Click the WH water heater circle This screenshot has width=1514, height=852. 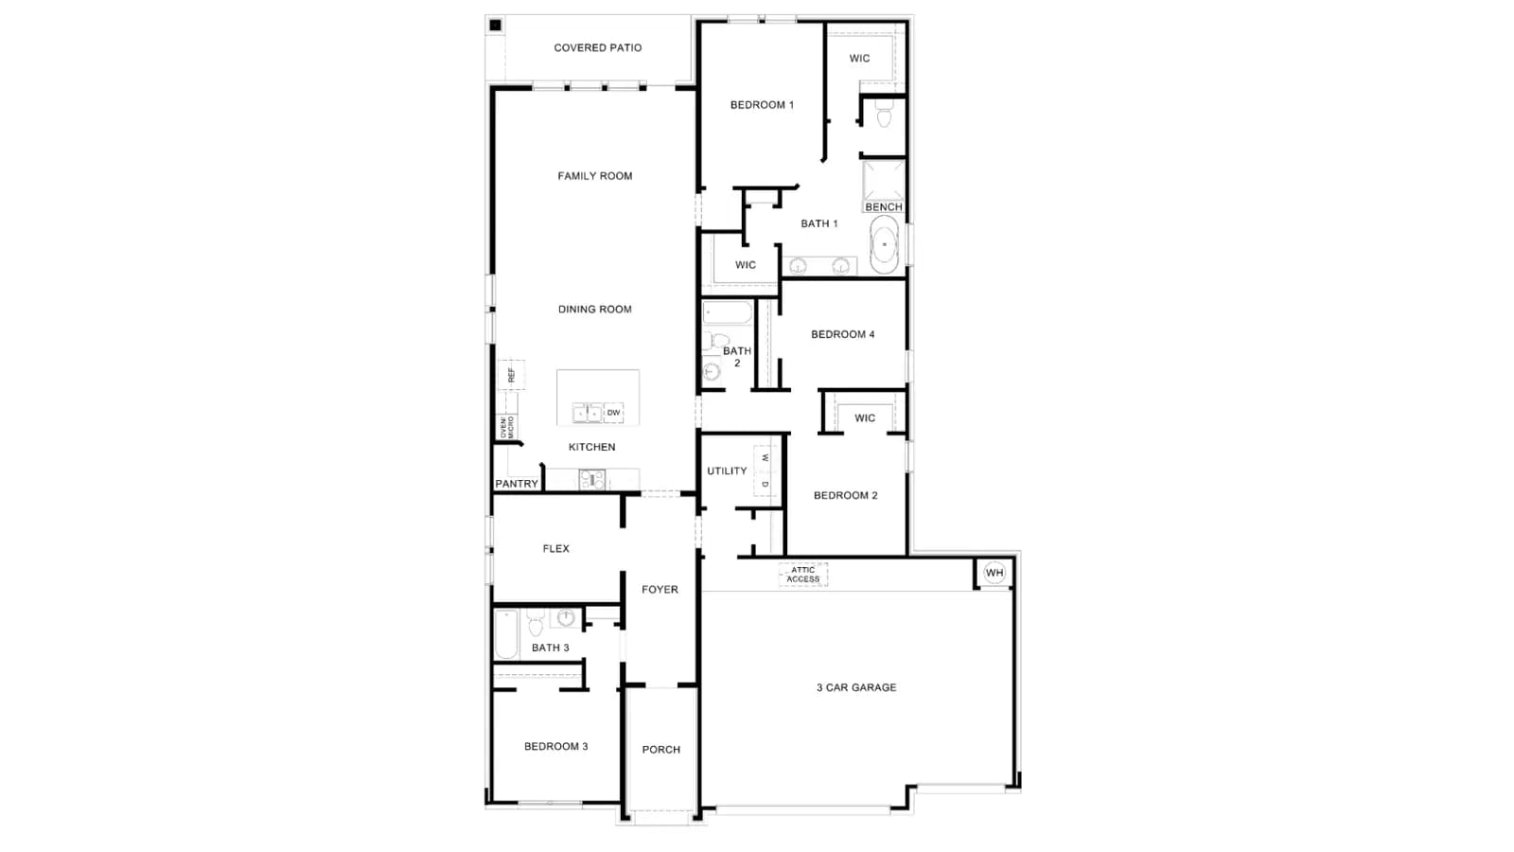pyautogui.click(x=995, y=573)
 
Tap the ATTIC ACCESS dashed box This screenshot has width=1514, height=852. pyautogui.click(x=803, y=575)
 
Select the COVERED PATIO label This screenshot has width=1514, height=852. pyautogui.click(x=597, y=48)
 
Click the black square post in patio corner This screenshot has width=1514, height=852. pyautogui.click(x=496, y=25)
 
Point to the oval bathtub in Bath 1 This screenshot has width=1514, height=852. pyautogui.click(x=884, y=244)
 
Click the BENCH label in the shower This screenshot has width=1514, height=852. pyautogui.click(x=884, y=207)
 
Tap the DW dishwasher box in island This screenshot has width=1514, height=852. pyautogui.click(x=613, y=413)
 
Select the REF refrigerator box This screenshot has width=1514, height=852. pyautogui.click(x=511, y=375)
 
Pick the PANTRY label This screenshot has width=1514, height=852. pyautogui.click(x=517, y=484)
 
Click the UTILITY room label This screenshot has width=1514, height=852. pyautogui.click(x=727, y=470)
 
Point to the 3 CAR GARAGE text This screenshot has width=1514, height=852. pyautogui.click(x=856, y=687)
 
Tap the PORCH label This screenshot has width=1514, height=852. pyautogui.click(x=661, y=749)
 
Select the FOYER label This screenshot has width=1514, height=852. pyautogui.click(x=660, y=590)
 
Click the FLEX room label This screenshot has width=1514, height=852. pyautogui.click(x=556, y=548)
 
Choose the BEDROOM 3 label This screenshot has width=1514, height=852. pyautogui.click(x=556, y=747)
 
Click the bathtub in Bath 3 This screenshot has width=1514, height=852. pyautogui.click(x=506, y=633)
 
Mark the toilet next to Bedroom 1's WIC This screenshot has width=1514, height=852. pyautogui.click(x=884, y=115)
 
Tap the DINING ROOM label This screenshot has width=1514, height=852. pyautogui.click(x=595, y=310)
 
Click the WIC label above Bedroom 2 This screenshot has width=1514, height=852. pyautogui.click(x=865, y=418)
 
